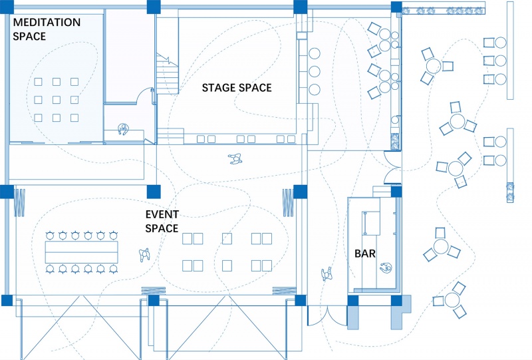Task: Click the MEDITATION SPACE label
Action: (x=47, y=29)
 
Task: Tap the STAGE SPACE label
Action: (x=237, y=88)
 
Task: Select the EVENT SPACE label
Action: (x=162, y=222)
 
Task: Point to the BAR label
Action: (x=364, y=254)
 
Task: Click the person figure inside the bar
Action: (x=386, y=268)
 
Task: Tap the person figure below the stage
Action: (x=235, y=158)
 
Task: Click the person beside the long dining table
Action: (x=144, y=255)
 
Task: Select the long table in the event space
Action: (x=81, y=252)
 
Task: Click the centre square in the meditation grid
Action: (x=57, y=100)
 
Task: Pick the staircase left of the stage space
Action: (x=168, y=74)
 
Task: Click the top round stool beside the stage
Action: (x=315, y=54)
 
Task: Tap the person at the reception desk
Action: (x=124, y=129)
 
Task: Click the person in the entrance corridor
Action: (x=327, y=274)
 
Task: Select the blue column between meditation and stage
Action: (x=154, y=7)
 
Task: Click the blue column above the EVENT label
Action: (x=154, y=192)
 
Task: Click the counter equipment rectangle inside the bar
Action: (x=371, y=223)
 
